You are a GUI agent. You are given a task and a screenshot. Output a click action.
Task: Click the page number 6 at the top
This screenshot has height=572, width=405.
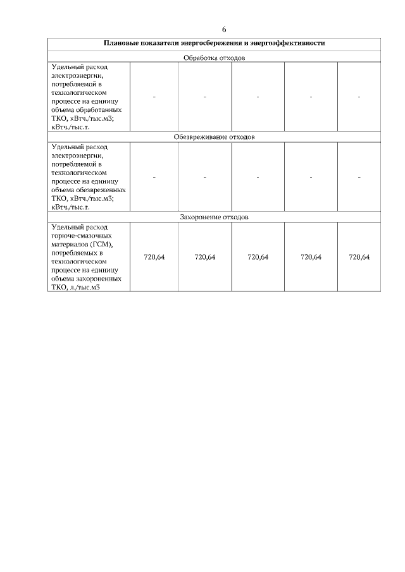tap(224, 30)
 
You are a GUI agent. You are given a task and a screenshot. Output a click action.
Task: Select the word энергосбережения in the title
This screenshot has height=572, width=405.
tap(215, 44)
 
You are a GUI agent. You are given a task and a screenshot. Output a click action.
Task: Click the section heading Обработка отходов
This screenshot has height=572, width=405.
tap(214, 58)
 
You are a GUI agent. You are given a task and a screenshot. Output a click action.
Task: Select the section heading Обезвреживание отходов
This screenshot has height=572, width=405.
tap(214, 137)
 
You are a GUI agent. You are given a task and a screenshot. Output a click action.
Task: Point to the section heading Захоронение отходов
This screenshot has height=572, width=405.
tap(214, 217)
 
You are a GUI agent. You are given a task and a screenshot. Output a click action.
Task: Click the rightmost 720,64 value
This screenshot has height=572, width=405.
tap(359, 257)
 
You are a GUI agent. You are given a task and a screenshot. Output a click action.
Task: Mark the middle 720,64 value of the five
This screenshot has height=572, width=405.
tap(258, 257)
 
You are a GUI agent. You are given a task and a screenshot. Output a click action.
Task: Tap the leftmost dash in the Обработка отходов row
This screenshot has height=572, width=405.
tap(154, 97)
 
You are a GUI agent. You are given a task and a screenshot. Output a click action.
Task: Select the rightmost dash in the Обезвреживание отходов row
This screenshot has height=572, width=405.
tap(359, 176)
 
